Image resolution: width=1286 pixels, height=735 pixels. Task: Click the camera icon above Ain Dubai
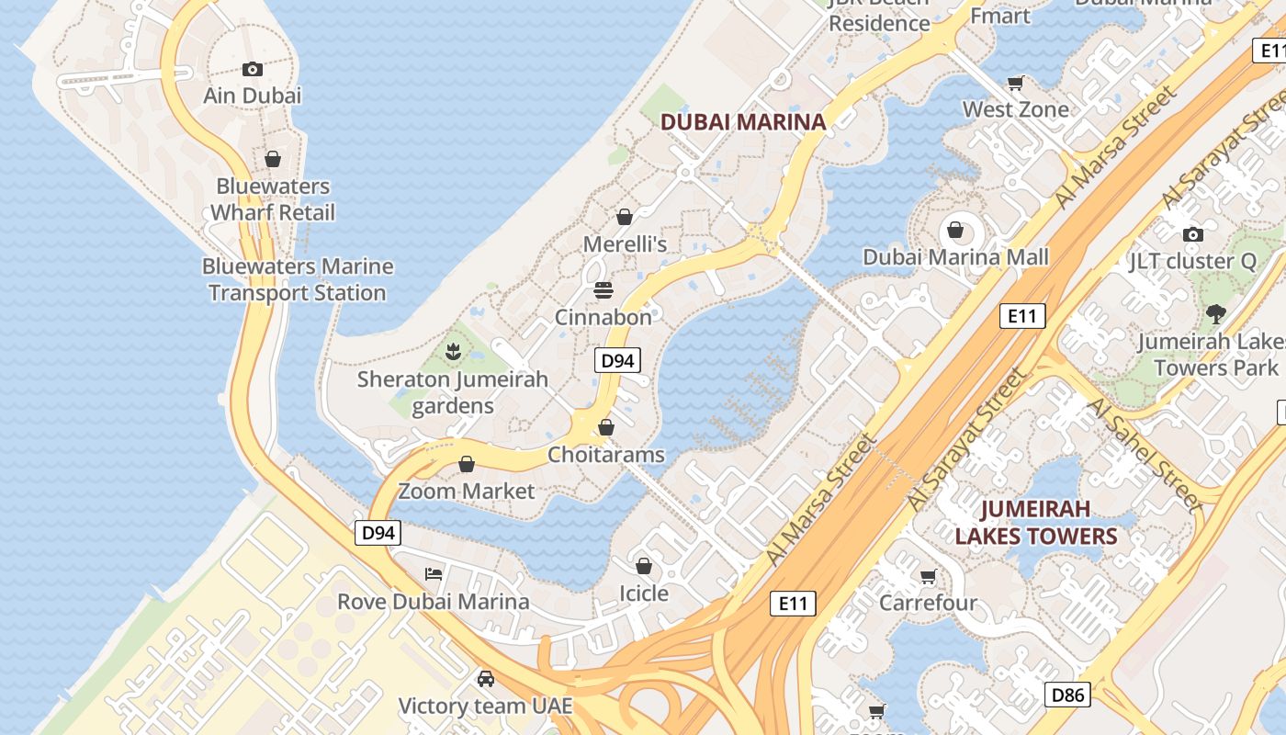coord(253,69)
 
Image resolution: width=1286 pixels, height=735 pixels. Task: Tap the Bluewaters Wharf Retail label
coord(273,199)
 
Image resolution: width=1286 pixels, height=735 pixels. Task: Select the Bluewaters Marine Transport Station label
coord(298,279)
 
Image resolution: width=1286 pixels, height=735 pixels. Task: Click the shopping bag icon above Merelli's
coord(625,217)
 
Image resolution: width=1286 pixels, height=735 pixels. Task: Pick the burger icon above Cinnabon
coord(604,290)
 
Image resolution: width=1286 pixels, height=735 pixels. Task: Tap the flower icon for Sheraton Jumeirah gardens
coord(452,351)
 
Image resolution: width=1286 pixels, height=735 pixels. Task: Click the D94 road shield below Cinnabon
coord(617,360)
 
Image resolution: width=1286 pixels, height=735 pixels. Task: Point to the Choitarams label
coord(606,455)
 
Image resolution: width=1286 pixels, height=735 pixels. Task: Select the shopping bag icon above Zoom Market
coord(467,464)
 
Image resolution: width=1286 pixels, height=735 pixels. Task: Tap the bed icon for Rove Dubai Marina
coord(434,574)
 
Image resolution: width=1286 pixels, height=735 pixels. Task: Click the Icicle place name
coord(644,594)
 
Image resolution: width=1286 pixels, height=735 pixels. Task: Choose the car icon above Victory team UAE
coord(485,679)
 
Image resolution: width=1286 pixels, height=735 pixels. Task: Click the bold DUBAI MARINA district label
coord(743,121)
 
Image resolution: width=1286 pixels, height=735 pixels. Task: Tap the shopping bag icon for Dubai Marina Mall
coord(955,230)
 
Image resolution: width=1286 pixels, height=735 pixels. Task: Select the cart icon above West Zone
coord(1016,84)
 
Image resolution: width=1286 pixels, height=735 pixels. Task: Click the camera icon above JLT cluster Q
coord(1193,234)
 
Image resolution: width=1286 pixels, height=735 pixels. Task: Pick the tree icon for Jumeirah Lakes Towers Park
coord(1216,314)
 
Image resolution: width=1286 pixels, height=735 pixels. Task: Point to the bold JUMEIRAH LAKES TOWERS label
coord(1036,522)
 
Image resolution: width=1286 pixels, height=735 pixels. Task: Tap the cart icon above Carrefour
coord(928,577)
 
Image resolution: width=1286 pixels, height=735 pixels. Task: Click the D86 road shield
coord(1068,695)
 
